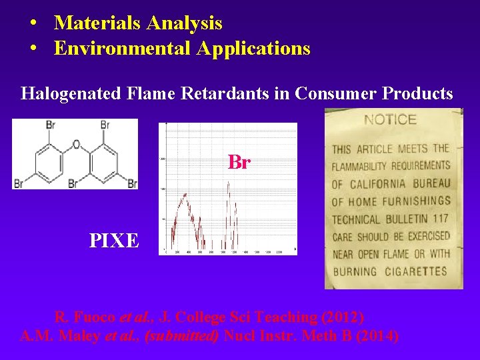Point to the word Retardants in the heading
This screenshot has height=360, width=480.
point(248,94)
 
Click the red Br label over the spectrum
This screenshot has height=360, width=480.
point(239,162)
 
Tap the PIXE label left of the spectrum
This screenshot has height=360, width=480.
point(115,240)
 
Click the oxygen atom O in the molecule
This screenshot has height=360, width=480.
point(75,144)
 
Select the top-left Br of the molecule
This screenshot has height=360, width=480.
point(51,125)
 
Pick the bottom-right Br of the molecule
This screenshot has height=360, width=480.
point(132,183)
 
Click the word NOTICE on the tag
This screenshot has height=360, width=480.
point(391,121)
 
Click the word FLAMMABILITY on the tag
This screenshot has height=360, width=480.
point(374,166)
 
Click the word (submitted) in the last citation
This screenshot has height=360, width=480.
point(181,336)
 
